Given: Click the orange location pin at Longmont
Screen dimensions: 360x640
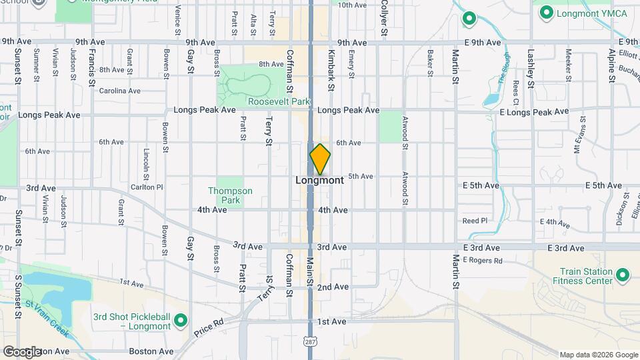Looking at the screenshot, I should (x=320, y=159).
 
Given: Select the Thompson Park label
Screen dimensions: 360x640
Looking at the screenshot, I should (x=230, y=195).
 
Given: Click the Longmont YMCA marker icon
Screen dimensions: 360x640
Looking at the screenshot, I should (x=547, y=12).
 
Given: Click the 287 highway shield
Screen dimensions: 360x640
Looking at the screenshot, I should (x=311, y=341).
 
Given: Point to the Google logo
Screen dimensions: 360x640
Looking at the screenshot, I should (x=22, y=351).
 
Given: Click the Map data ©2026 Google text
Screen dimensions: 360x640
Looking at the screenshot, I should (x=598, y=355).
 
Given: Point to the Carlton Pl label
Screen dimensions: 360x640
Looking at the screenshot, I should (x=147, y=187).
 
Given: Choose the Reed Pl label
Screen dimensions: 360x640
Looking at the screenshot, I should (x=475, y=220).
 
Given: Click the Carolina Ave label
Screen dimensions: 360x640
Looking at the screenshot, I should (x=119, y=91).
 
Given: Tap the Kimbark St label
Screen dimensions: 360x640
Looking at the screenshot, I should (x=330, y=69).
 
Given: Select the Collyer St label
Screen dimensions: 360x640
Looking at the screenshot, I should (x=385, y=17).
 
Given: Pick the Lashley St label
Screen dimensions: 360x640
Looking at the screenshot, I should (x=531, y=68).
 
